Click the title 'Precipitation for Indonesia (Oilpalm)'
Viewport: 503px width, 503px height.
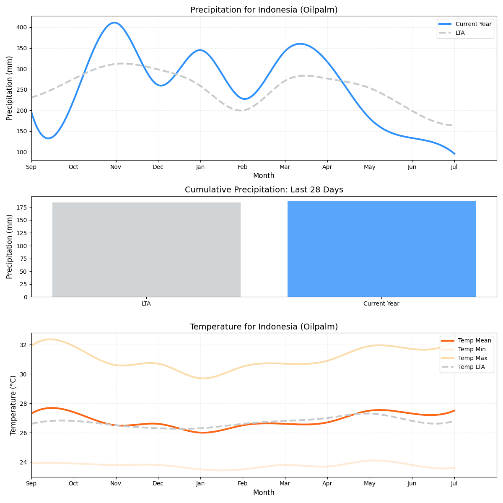click(264, 10)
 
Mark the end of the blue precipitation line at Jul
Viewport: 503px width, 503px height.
click(454, 154)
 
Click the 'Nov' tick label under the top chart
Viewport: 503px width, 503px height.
click(116, 167)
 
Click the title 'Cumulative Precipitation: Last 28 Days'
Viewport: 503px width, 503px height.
click(264, 190)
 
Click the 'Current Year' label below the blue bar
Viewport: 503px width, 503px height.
click(381, 304)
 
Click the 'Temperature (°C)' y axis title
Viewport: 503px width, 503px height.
click(13, 405)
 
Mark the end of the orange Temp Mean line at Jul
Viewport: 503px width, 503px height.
click(454, 411)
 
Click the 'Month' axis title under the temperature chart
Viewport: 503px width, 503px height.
click(264, 493)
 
